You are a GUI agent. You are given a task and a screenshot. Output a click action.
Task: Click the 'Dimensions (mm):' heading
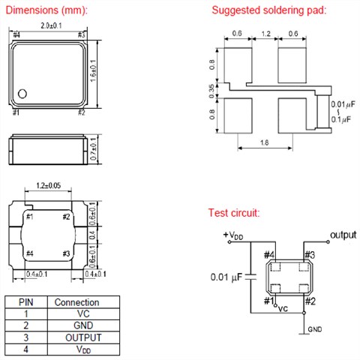(x=46, y=10)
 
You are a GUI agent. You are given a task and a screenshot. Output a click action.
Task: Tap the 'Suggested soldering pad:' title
(x=269, y=10)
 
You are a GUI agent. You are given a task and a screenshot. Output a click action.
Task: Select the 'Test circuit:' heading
(x=234, y=213)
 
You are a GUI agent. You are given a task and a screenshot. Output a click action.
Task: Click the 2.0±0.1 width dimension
(x=51, y=25)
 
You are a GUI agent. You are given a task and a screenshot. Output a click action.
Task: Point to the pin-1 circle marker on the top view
(x=22, y=94)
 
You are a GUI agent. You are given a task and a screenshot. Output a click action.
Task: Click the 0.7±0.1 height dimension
(x=93, y=149)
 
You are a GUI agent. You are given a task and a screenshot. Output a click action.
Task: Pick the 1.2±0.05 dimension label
(x=49, y=185)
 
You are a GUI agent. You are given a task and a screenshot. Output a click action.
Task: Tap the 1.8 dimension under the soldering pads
(x=265, y=142)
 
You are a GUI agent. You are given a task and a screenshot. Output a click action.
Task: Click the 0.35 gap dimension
(x=211, y=91)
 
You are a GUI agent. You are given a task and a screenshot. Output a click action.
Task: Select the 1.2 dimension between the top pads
(x=265, y=34)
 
